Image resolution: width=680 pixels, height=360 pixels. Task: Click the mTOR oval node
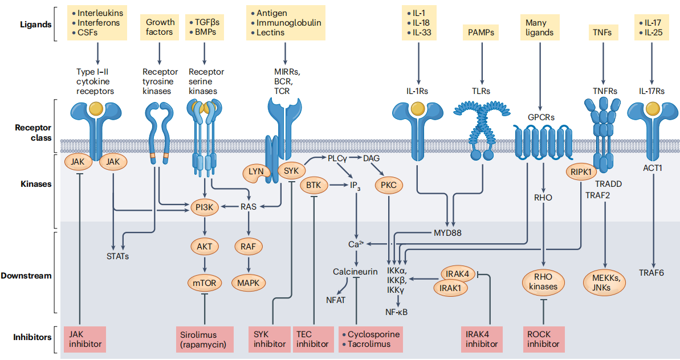coord(204,282)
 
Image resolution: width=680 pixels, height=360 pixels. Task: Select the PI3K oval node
coord(204,208)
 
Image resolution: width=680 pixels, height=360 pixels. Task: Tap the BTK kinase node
coord(313,185)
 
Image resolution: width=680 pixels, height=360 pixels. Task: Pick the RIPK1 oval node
coord(579,171)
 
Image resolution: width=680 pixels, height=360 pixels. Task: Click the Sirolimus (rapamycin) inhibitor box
coord(203,339)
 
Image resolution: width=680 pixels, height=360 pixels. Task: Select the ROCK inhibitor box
coord(543,339)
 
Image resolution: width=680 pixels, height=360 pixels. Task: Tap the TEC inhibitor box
coord(313,339)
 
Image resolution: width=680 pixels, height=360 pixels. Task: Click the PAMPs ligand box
coord(482,32)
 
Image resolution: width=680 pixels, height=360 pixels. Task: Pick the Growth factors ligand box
coord(160,27)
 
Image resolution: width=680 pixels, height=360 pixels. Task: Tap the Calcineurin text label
coord(355,272)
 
